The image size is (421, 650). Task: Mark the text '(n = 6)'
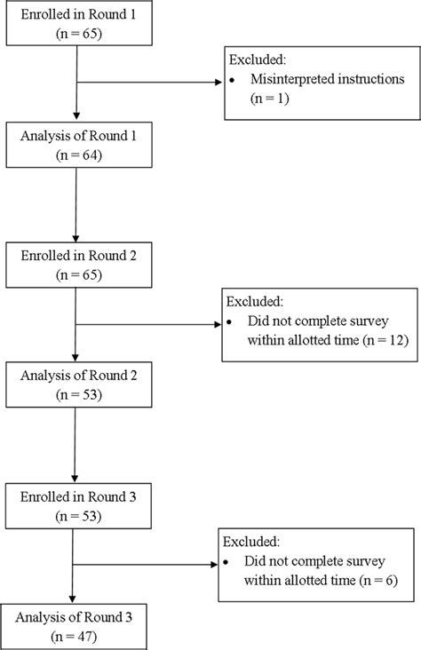pos(377,578)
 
